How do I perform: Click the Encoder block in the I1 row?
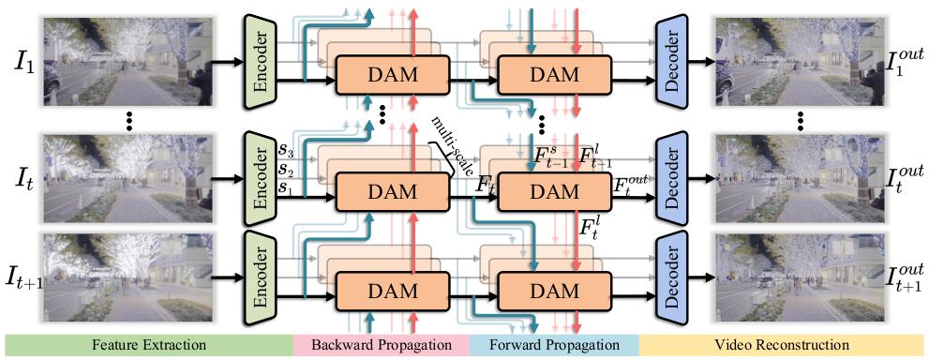click(x=262, y=56)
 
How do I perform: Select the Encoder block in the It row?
click(x=262, y=173)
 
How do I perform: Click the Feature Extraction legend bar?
click(x=149, y=345)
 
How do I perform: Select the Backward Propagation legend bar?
click(x=381, y=345)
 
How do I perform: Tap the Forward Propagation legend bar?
click(x=552, y=345)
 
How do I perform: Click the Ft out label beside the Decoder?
click(x=631, y=184)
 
